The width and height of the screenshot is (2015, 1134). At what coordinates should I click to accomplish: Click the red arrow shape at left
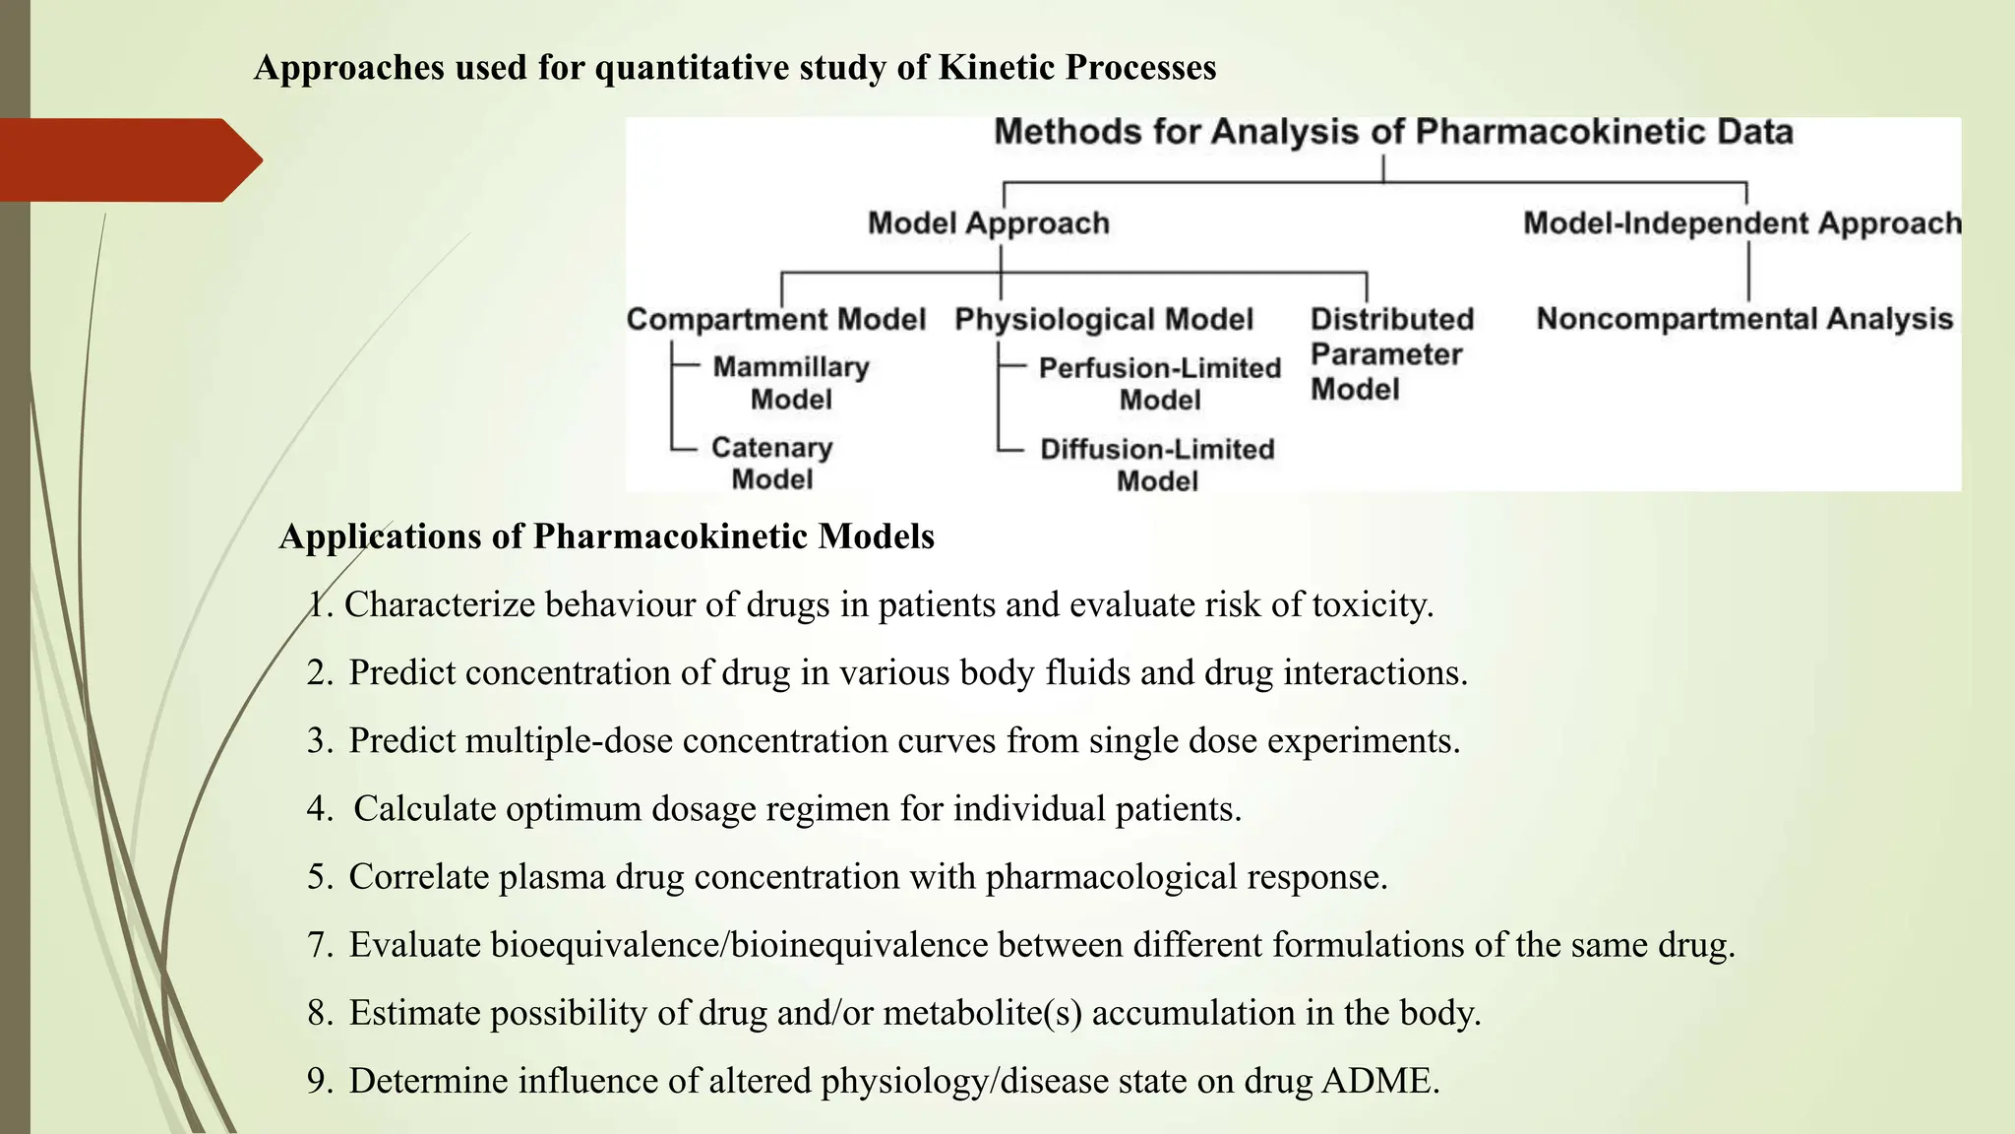[128, 160]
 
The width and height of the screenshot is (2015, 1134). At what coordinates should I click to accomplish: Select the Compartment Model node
[776, 319]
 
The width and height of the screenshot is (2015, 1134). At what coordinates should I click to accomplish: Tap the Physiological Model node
[1104, 319]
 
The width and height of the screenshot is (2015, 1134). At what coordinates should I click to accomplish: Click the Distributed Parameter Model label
[1390, 353]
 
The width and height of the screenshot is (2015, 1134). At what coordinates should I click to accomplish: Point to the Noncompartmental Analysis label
[1744, 319]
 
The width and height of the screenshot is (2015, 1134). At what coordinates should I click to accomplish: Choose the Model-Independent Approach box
[1741, 223]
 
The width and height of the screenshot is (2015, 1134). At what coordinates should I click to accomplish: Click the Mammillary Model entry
[791, 383]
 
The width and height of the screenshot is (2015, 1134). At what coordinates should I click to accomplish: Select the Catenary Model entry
[772, 463]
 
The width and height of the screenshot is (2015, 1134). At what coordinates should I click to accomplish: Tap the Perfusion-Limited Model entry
[1160, 384]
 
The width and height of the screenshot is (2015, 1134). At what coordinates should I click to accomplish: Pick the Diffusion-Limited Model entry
[1158, 465]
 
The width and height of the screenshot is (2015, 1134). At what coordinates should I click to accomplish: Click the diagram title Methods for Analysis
[1393, 132]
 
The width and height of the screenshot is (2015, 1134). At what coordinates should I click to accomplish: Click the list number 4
[318, 809]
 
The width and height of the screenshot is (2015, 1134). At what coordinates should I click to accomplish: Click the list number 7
[318, 945]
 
